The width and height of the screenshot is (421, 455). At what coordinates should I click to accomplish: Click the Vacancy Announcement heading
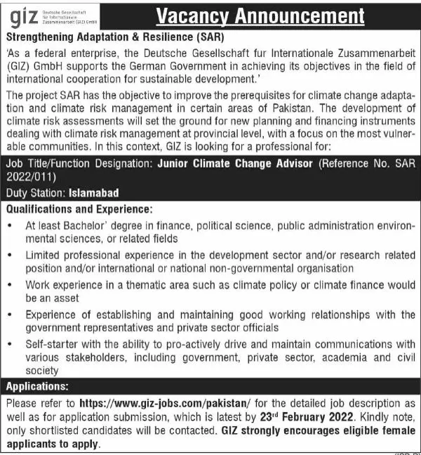[x=260, y=15]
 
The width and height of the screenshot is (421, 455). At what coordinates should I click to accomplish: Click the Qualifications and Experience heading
[x=79, y=209]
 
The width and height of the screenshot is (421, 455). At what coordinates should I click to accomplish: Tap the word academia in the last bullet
[x=340, y=357]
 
